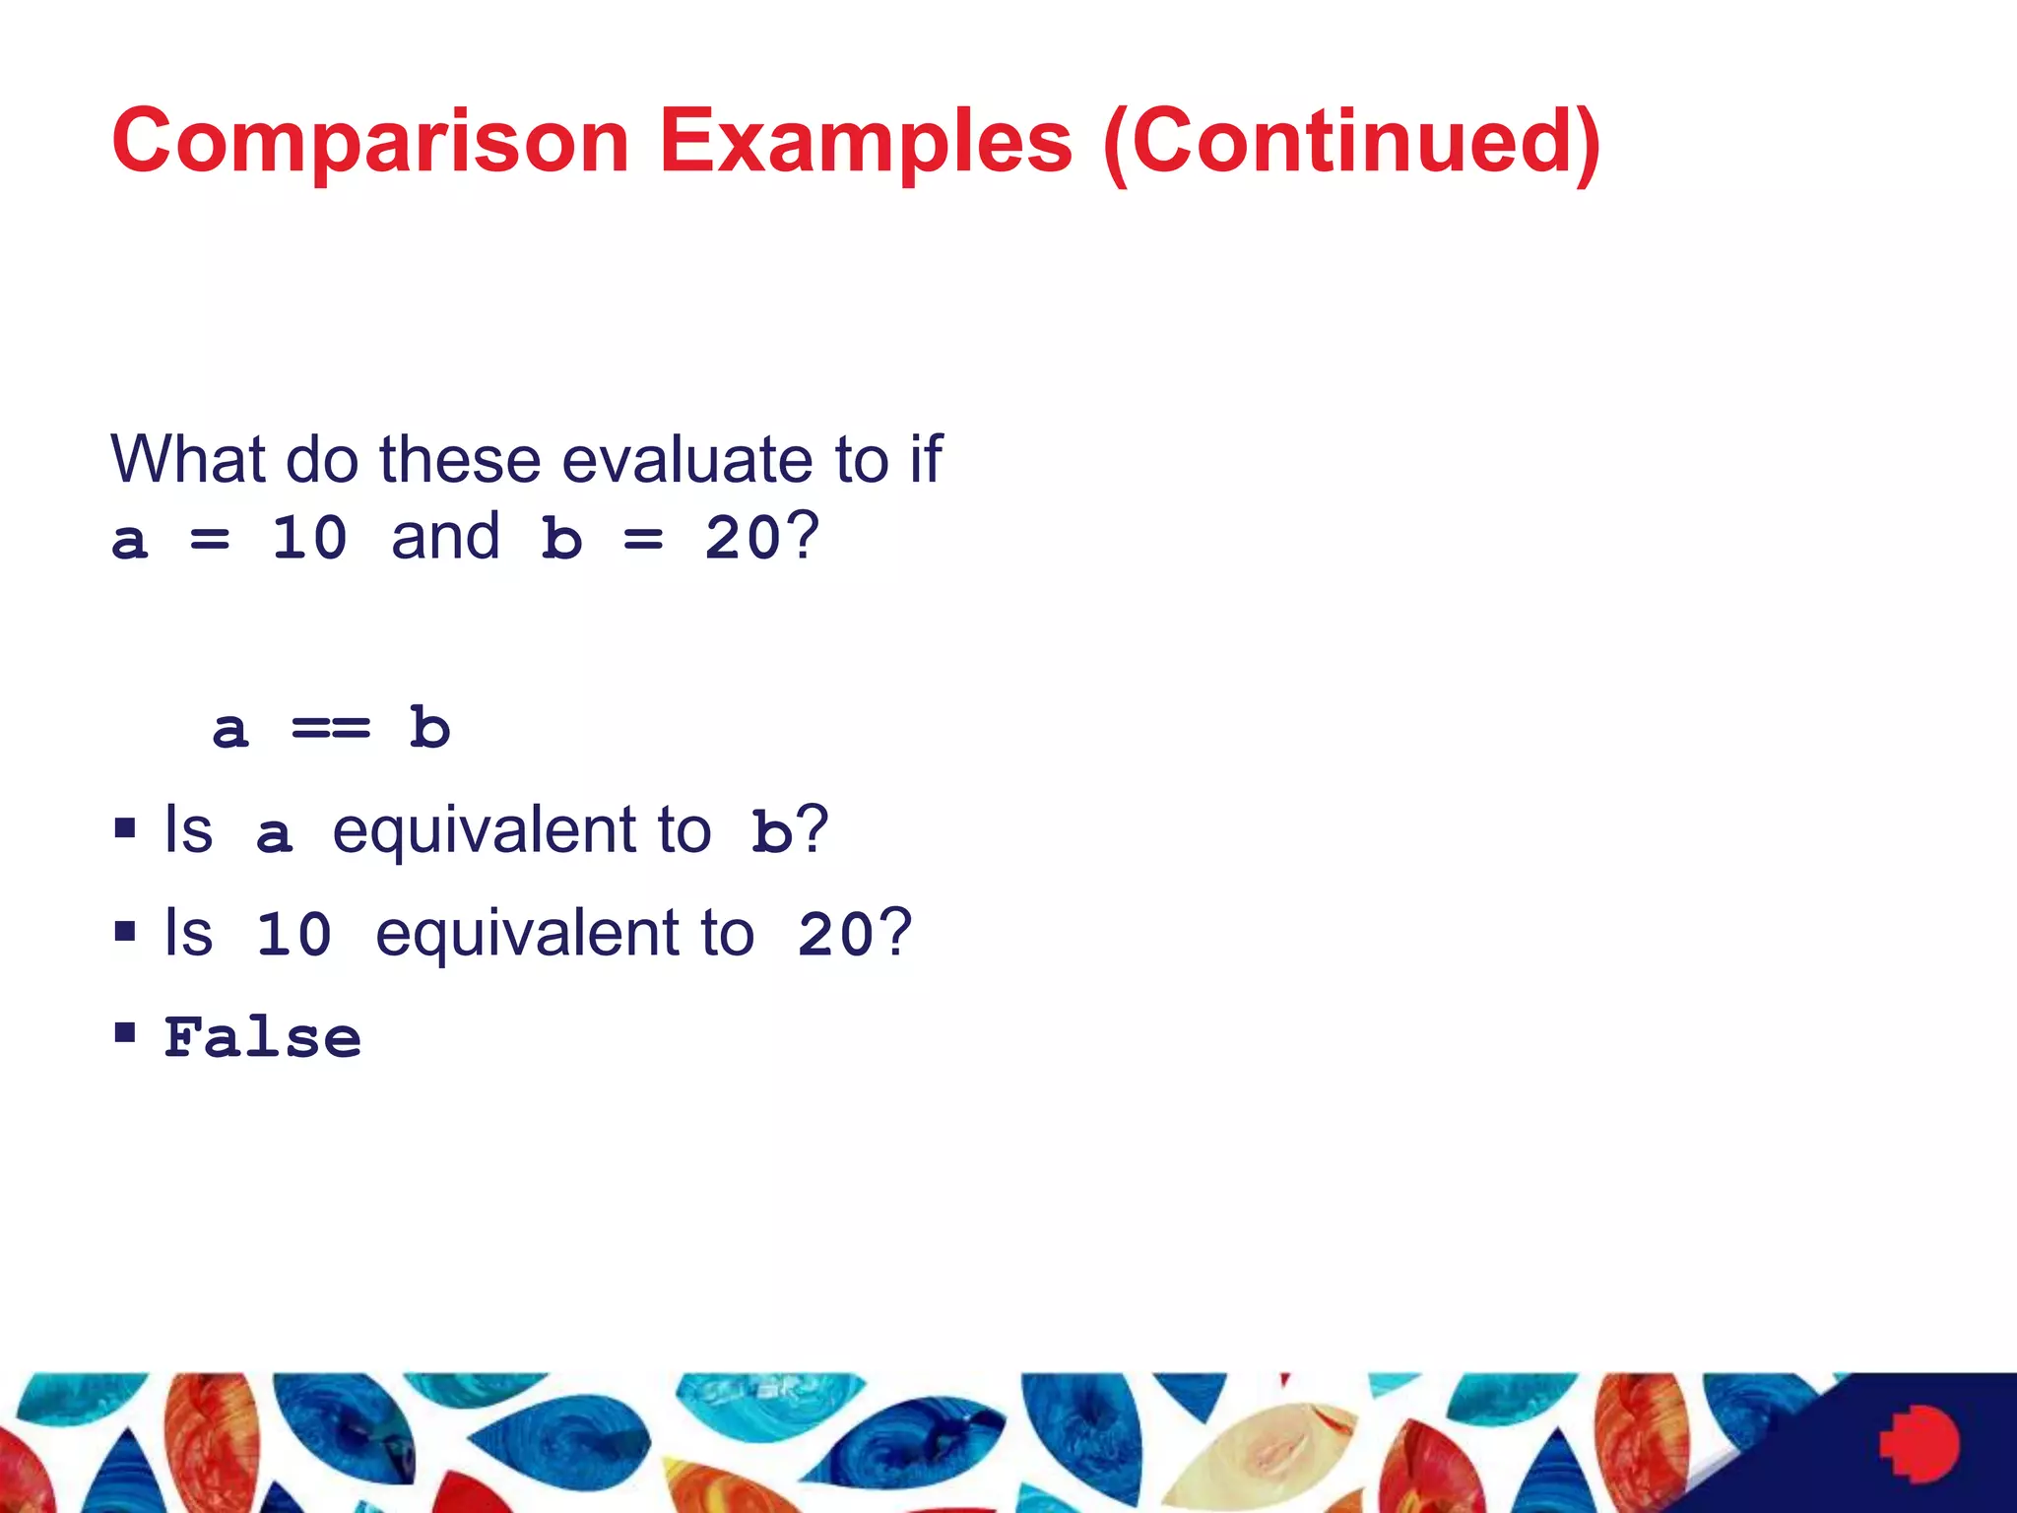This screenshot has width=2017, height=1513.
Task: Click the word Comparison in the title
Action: click(370, 143)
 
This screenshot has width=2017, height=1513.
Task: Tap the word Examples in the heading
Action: click(865, 143)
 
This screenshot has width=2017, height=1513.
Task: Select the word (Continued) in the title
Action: click(1351, 143)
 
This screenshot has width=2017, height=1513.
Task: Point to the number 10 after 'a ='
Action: click(309, 539)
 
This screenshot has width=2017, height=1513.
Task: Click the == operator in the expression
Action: click(331, 729)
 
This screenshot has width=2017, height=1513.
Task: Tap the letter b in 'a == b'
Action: click(429, 729)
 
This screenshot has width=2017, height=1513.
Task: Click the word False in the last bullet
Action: click(263, 1038)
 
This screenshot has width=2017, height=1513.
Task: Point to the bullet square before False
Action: click(125, 1032)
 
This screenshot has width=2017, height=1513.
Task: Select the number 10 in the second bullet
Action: click(293, 935)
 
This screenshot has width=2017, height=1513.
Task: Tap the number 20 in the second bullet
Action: click(835, 935)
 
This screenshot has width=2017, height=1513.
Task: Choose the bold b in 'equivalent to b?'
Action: click(771, 832)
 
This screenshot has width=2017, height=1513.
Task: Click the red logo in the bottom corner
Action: click(1919, 1444)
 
